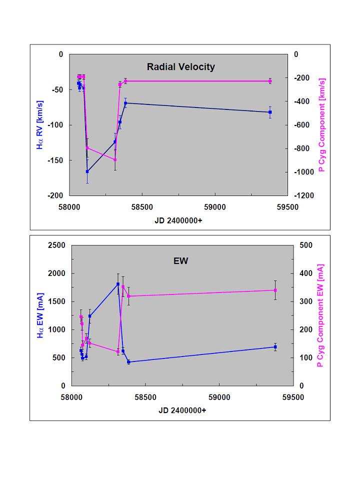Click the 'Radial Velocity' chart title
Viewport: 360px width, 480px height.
pos(180,66)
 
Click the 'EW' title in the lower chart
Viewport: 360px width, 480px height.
pos(181,260)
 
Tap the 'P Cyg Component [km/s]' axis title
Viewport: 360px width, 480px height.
pos(322,124)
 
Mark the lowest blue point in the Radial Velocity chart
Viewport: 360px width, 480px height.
pos(87,171)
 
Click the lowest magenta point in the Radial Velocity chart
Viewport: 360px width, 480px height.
pos(115,160)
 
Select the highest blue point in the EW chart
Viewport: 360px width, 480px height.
pos(118,284)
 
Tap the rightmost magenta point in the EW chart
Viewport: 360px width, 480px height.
pos(275,290)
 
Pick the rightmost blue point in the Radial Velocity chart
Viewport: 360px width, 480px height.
pos(270,112)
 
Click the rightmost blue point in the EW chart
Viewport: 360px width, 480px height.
pos(275,347)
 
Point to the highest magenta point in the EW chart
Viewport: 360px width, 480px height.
pos(123,286)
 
